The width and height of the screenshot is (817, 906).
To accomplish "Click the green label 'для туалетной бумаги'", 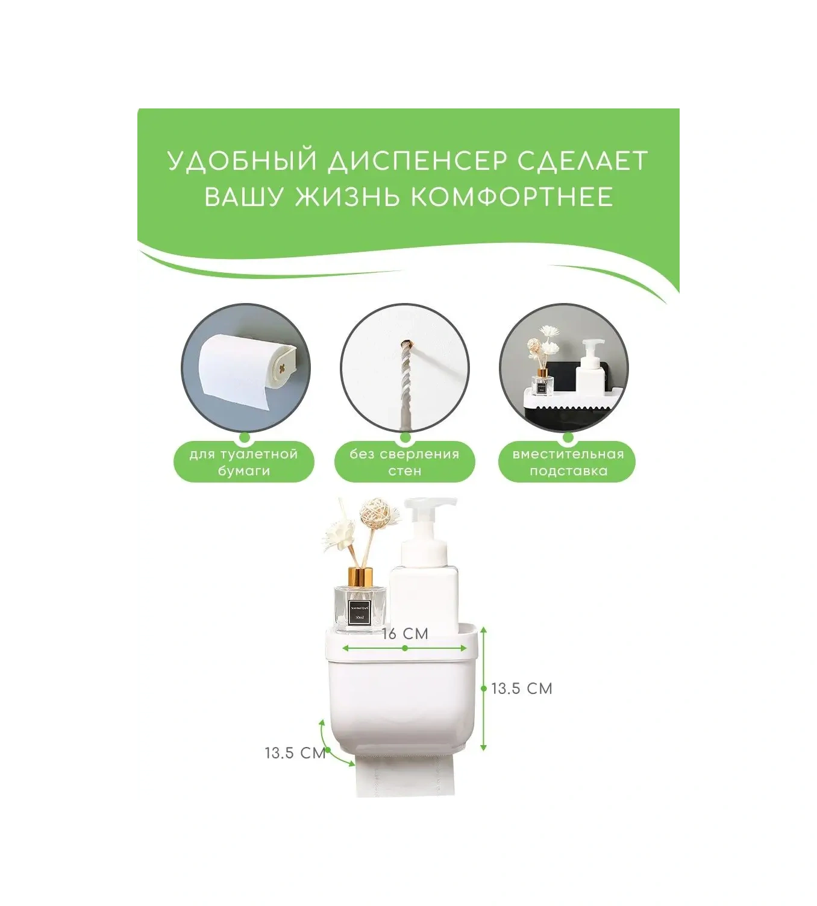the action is click(243, 463).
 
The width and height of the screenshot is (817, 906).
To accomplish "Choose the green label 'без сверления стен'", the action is click(404, 463).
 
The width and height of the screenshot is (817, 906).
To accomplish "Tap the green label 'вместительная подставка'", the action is click(568, 463).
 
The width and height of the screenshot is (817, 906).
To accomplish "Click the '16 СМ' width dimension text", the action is click(405, 634).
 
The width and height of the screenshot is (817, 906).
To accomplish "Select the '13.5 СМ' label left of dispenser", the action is click(295, 753).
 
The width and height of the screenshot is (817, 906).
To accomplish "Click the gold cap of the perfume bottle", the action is click(360, 576).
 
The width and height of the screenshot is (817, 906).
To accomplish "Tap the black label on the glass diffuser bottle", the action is click(360, 611).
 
